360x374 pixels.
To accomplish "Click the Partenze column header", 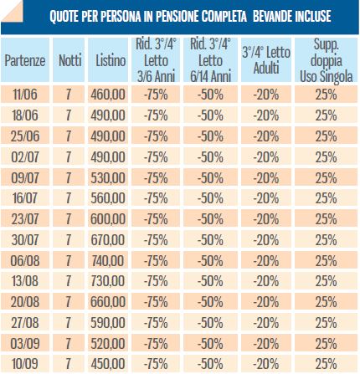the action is [25, 60].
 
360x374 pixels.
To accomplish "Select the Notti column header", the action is [69, 60].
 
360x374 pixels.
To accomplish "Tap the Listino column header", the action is [111, 60].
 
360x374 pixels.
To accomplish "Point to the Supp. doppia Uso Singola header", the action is [327, 60].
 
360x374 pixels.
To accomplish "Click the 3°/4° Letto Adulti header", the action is [266, 60].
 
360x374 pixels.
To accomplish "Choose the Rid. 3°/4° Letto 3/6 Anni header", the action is [156, 60].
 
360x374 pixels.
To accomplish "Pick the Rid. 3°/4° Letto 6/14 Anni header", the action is [210, 60].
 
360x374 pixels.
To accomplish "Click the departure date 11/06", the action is [25, 95].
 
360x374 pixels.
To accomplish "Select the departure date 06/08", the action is [25, 260].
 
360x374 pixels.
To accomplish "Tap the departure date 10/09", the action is [25, 364].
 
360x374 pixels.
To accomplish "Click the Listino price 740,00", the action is [108, 260].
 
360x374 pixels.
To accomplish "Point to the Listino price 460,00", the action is [108, 95].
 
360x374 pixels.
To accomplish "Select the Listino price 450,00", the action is [108, 364].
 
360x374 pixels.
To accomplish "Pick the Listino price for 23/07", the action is [108, 219].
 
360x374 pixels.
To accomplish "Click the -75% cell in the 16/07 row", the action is [156, 198].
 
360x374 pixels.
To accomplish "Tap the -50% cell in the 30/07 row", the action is [210, 240].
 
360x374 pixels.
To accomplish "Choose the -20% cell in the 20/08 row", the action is [265, 302].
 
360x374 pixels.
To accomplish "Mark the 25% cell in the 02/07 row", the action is [326, 157].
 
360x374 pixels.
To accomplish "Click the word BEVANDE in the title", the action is [271, 16].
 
